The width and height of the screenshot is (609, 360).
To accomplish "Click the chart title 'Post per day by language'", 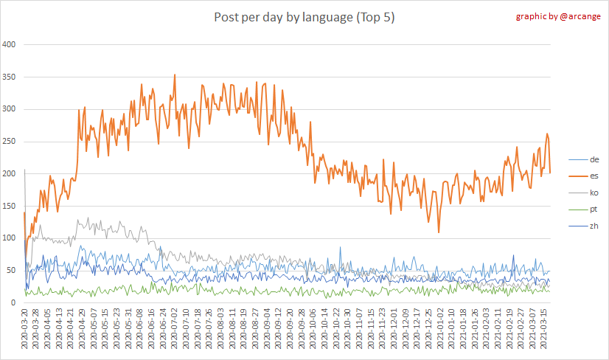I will (x=304, y=18).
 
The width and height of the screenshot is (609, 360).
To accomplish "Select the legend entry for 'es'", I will (x=594, y=176).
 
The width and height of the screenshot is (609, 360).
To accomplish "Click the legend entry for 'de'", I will (x=594, y=159).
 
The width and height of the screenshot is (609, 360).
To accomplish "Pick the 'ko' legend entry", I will (x=594, y=193).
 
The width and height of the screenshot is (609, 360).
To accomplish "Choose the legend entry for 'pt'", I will (x=594, y=209).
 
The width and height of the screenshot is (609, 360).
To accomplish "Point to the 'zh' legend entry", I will (x=594, y=226).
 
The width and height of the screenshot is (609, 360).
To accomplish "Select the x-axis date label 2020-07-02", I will (x=175, y=332).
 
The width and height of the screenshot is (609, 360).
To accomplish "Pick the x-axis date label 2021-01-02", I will (x=440, y=332).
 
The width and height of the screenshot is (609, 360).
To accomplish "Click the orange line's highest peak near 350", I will (x=175, y=75).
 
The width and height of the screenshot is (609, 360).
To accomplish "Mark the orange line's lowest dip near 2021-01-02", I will (x=439, y=232).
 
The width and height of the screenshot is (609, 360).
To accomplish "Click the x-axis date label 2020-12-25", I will (x=428, y=332).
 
